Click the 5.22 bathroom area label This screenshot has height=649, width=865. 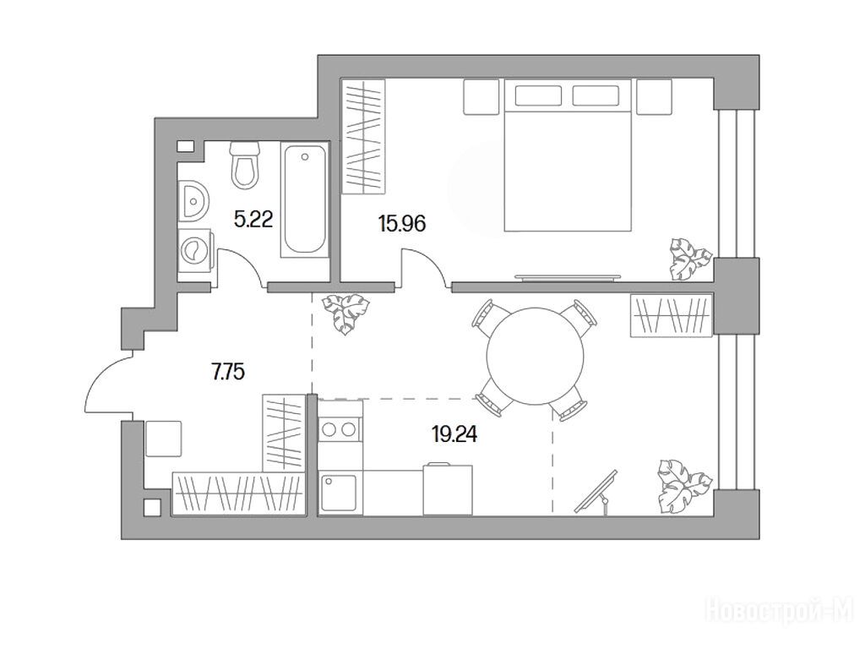pyautogui.click(x=253, y=221)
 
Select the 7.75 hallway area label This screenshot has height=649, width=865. pyautogui.click(x=228, y=373)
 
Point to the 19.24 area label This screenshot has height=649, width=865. pyautogui.click(x=454, y=435)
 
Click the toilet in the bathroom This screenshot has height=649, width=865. pyautogui.click(x=245, y=165)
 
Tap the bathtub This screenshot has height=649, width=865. pyautogui.click(x=304, y=199)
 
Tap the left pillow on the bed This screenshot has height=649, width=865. pyautogui.click(x=538, y=95)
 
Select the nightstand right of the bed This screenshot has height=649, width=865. pyautogui.click(x=655, y=96)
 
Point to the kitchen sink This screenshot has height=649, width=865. pyautogui.click(x=340, y=493)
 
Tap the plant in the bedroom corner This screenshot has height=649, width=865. pyautogui.click(x=688, y=259)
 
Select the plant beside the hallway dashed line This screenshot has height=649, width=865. pyautogui.click(x=345, y=313)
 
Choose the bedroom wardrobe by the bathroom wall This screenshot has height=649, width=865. pyautogui.click(x=362, y=136)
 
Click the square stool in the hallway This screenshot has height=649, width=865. pyautogui.click(x=163, y=439)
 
